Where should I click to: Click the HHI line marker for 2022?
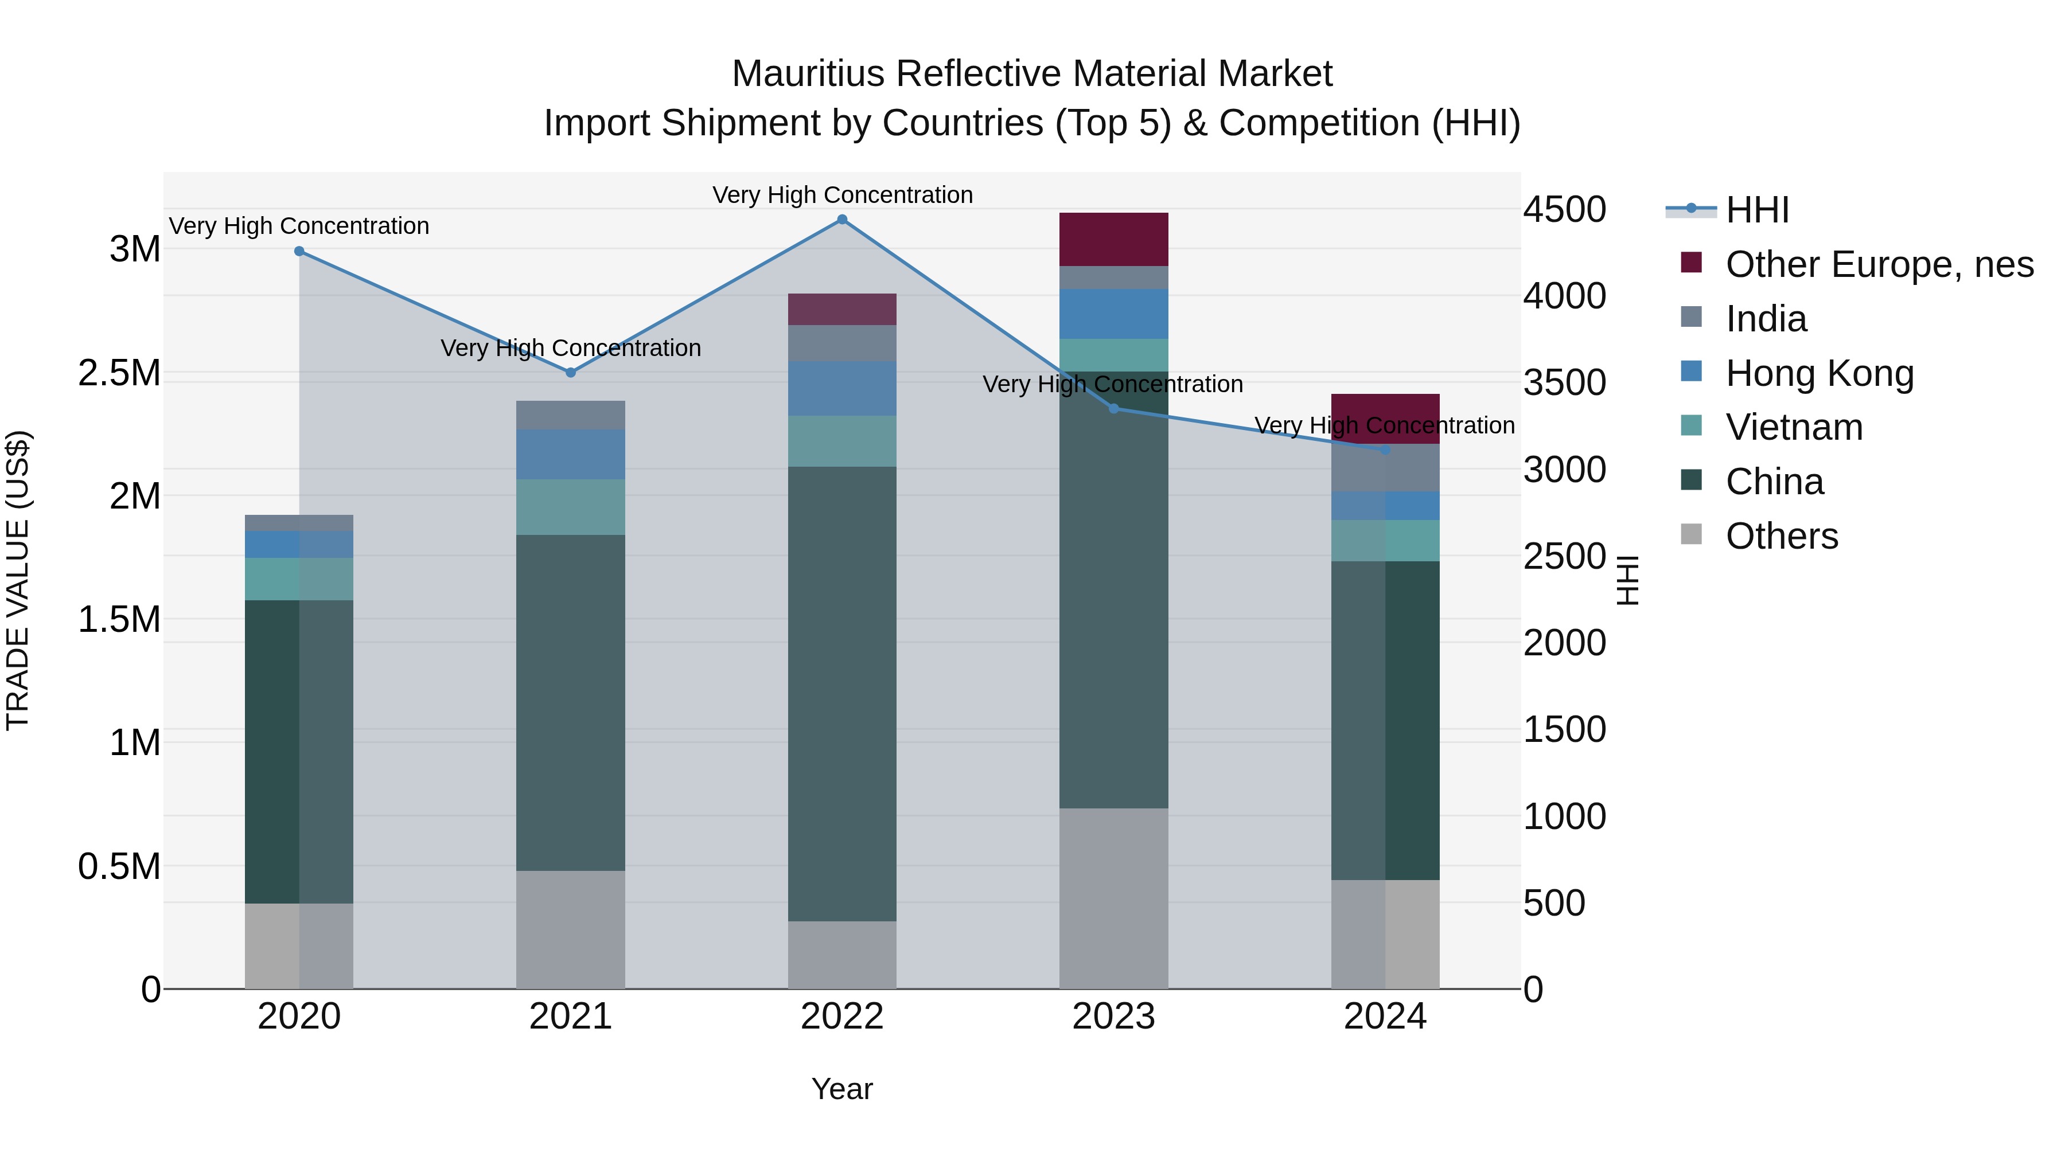[x=841, y=220]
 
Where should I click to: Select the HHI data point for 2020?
[x=299, y=251]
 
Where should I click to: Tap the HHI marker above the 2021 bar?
[x=571, y=373]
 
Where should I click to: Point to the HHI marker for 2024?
[x=1385, y=450]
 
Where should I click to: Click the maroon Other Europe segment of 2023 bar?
[x=1113, y=239]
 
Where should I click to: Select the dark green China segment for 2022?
[x=841, y=693]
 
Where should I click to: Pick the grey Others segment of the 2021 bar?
[x=571, y=929]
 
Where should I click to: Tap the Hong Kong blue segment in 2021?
[x=571, y=454]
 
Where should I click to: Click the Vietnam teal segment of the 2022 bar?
[x=841, y=441]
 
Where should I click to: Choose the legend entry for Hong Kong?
[x=1819, y=373]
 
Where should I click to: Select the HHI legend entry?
[x=1756, y=210]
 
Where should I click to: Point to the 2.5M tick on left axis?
[x=119, y=373]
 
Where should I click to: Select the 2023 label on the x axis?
[x=1113, y=1017]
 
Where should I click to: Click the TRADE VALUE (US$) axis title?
[x=18, y=580]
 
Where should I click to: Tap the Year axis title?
[x=841, y=1089]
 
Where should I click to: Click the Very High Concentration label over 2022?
[x=841, y=195]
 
